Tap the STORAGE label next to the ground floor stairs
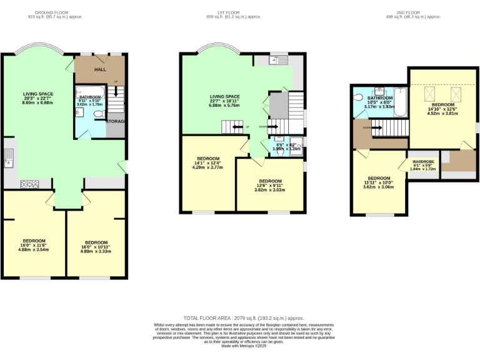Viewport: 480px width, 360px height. click(x=116, y=121)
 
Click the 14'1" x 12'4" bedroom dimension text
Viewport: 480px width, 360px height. click(x=207, y=165)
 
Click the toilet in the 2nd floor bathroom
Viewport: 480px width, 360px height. click(x=357, y=98)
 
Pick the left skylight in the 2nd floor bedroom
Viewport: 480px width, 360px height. click(x=430, y=94)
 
